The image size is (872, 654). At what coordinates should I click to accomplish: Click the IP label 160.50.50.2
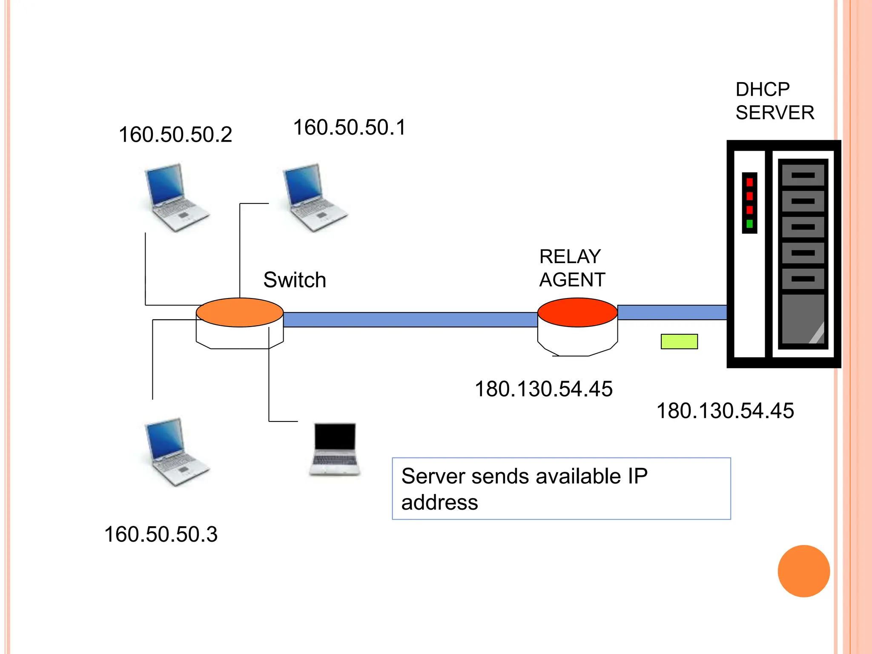point(175,135)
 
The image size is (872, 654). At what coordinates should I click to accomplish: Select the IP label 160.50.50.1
point(350,127)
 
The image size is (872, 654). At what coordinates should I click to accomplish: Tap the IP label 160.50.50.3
point(161,534)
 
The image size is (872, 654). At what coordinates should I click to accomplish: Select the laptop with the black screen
point(335,449)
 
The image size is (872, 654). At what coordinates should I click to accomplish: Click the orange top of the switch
point(240,312)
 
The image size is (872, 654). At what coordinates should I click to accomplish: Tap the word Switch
point(295,280)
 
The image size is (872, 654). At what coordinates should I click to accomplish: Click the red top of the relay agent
point(577,312)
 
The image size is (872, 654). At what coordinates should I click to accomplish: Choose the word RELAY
point(570,257)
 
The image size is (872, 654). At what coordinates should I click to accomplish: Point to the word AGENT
point(572,280)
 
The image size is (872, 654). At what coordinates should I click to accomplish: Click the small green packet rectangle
point(679,341)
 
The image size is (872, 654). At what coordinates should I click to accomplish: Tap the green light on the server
point(749,224)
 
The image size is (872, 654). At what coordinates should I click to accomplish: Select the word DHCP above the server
point(762,90)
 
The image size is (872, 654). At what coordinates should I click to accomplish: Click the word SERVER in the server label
point(774,113)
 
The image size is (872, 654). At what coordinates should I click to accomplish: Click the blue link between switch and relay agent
point(410,320)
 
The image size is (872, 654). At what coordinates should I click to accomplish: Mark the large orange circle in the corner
point(803,571)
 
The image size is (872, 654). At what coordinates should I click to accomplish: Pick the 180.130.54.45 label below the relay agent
point(543,389)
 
